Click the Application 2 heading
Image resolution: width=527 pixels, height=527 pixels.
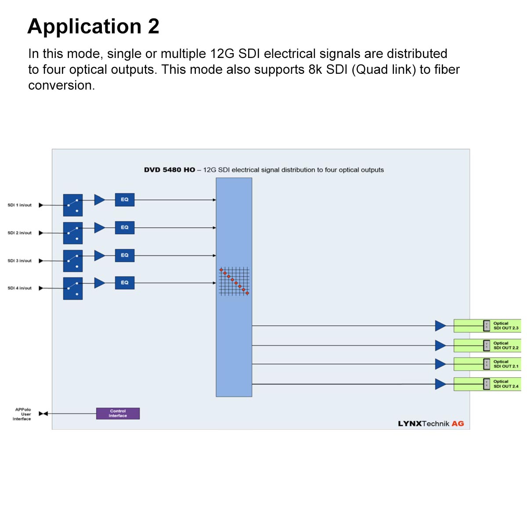93,26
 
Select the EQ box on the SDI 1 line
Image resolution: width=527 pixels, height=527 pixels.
125,200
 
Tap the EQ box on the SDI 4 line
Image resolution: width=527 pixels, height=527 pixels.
125,283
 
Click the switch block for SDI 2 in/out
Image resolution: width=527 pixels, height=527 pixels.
73,233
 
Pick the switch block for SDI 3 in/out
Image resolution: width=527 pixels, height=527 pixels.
73,261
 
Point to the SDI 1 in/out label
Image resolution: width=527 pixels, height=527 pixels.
20,205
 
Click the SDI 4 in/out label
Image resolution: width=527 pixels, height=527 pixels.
20,288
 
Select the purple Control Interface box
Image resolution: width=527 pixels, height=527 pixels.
118,414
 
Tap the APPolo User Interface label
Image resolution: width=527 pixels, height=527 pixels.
22,414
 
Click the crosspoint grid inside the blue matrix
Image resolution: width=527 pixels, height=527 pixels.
234,281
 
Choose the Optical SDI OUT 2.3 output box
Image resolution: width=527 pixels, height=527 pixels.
487,326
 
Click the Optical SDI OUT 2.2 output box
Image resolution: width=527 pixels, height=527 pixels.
487,346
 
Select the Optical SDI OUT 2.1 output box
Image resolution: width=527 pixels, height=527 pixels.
487,364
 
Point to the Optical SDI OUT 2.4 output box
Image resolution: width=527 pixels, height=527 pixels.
487,384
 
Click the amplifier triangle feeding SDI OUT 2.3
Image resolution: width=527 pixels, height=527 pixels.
440,326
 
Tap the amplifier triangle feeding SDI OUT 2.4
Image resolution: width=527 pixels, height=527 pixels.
440,384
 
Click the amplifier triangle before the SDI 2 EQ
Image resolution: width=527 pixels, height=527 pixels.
99,228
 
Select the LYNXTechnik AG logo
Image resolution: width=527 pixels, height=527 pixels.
431,424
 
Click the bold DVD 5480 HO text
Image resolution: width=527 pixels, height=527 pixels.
170,170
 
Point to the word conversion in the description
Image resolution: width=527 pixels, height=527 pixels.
61,85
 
